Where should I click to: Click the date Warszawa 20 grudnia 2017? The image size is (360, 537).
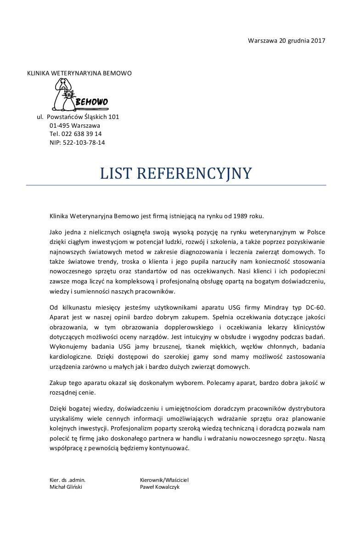[x=287, y=40]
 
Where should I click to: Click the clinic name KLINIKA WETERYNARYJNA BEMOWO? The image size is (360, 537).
[x=79, y=73]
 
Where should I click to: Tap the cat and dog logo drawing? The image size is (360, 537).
[x=64, y=95]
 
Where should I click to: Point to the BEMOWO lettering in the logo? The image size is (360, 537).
[x=91, y=102]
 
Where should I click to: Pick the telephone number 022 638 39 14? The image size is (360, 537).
[x=81, y=134]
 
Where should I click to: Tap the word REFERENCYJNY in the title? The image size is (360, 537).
[x=194, y=174]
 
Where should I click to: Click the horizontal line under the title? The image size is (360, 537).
[x=176, y=185]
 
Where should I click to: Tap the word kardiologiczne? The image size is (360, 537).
[x=73, y=356]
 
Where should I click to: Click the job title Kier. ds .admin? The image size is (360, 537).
[x=67, y=480]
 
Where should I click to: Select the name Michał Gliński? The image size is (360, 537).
[x=66, y=487]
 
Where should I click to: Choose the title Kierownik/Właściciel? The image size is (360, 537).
[x=164, y=480]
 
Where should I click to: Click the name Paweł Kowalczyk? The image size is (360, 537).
[x=160, y=487]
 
